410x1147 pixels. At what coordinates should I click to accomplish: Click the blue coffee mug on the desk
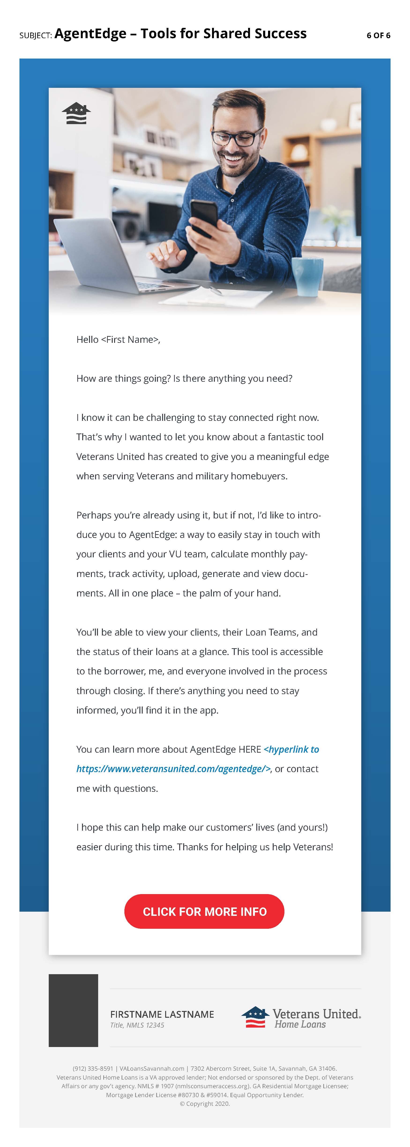pos(307,276)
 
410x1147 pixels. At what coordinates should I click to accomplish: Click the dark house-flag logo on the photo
pos(76,113)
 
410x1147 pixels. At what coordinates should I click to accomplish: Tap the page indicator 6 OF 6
pos(378,35)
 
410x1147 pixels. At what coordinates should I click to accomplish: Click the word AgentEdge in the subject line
pos(90,33)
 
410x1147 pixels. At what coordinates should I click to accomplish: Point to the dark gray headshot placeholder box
pos(73,1010)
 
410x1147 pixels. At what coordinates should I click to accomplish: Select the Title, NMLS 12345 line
pos(137,1025)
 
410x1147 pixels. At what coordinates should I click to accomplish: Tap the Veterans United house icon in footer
pos(255,1017)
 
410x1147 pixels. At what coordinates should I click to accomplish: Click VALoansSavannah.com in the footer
pos(152,1068)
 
